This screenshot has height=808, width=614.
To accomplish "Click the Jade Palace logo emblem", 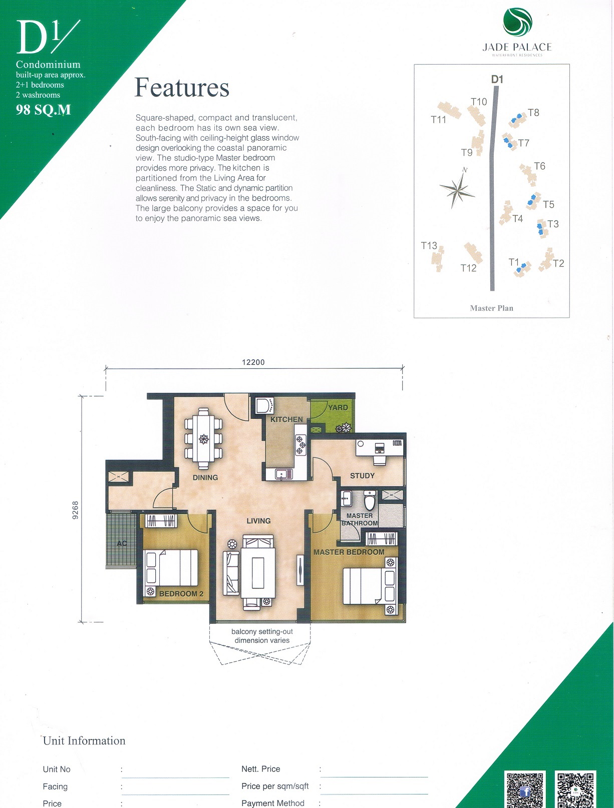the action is click(517, 23).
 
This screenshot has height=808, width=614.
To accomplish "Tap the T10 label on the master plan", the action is click(478, 102).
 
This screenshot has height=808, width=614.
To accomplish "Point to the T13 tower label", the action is click(429, 246).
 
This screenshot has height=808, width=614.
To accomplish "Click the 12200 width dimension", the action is click(253, 362).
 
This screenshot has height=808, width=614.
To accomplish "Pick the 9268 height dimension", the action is click(76, 510).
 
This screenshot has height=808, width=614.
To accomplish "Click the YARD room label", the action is click(338, 407).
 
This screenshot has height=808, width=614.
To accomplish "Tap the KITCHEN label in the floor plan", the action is click(286, 420).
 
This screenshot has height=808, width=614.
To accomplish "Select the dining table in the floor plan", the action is click(203, 438).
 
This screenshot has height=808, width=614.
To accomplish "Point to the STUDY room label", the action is click(362, 476).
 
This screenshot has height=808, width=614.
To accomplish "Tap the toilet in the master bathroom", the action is click(370, 499).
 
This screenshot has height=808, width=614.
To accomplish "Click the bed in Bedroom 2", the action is click(171, 568).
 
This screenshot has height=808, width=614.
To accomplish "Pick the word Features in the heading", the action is click(182, 88).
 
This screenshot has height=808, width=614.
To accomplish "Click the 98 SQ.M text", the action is click(43, 110).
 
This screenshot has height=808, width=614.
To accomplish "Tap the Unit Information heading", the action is click(84, 740).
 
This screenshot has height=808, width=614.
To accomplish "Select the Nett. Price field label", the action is click(261, 768).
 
